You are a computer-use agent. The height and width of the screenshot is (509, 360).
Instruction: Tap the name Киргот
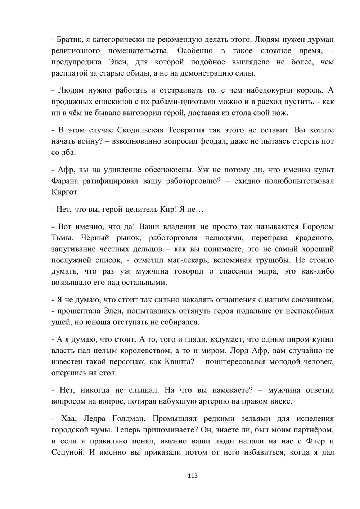[x=65, y=192]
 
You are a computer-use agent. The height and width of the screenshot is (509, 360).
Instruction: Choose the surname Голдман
[x=125, y=419]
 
